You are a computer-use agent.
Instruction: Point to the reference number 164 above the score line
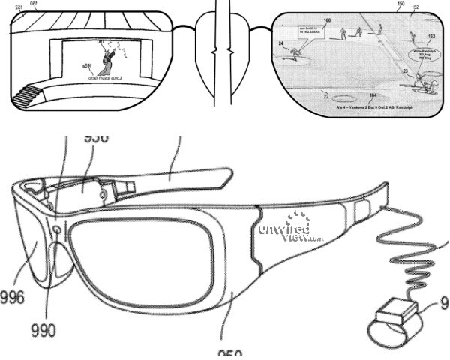click(x=373, y=96)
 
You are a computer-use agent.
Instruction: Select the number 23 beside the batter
click(x=405, y=70)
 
